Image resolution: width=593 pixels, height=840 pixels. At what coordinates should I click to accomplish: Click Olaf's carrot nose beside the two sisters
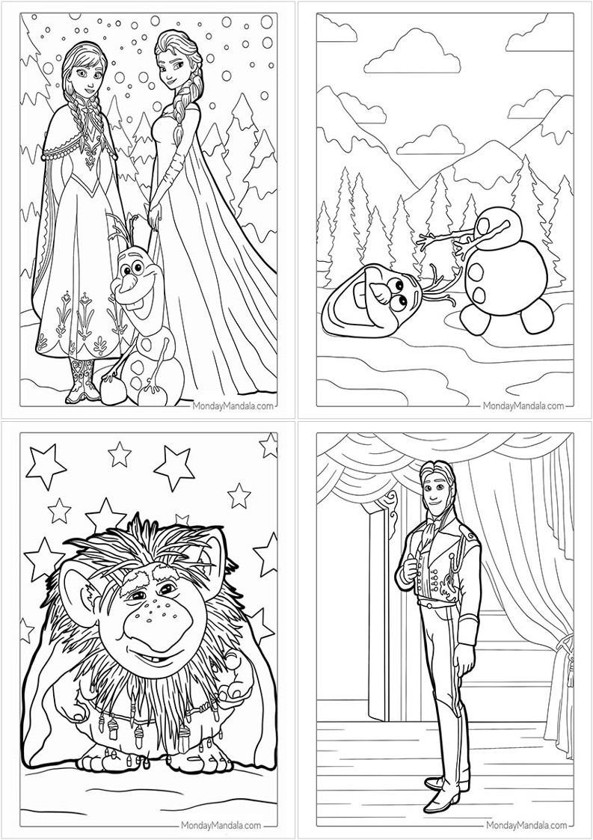click(x=126, y=284)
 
